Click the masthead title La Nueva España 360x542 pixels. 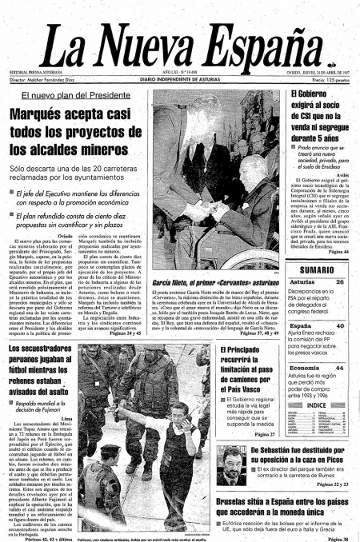click(x=179, y=42)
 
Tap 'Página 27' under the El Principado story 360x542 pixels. click(x=262, y=435)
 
